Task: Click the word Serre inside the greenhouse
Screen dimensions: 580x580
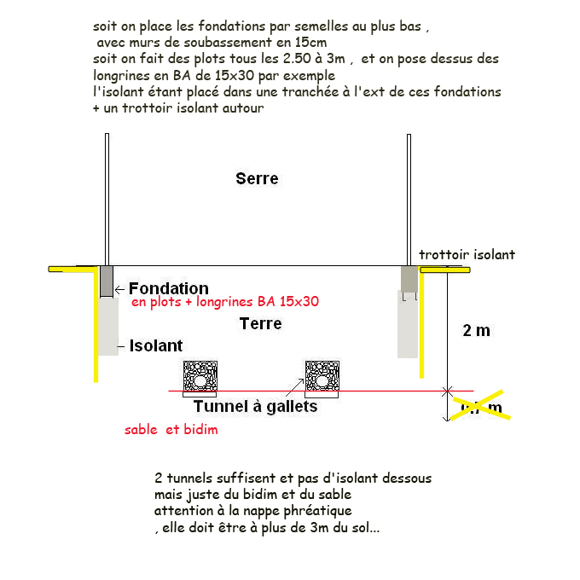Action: pos(257,178)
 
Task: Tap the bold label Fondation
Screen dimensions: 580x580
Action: pos(168,289)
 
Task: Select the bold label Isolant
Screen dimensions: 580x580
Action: pos(156,345)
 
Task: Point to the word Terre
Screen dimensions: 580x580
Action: pos(260,324)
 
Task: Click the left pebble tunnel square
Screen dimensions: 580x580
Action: pos(201,377)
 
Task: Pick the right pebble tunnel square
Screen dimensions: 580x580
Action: pos(323,377)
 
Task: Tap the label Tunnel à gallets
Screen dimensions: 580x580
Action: pos(255,407)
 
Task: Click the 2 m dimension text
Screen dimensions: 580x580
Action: pos(476,330)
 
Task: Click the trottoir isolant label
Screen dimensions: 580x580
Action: pos(467,254)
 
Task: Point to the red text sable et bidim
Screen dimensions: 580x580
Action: pos(171,430)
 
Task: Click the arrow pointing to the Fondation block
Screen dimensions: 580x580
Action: pos(120,289)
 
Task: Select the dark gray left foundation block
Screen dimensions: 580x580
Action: pos(106,281)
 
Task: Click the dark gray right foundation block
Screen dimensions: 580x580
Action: pos(409,278)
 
